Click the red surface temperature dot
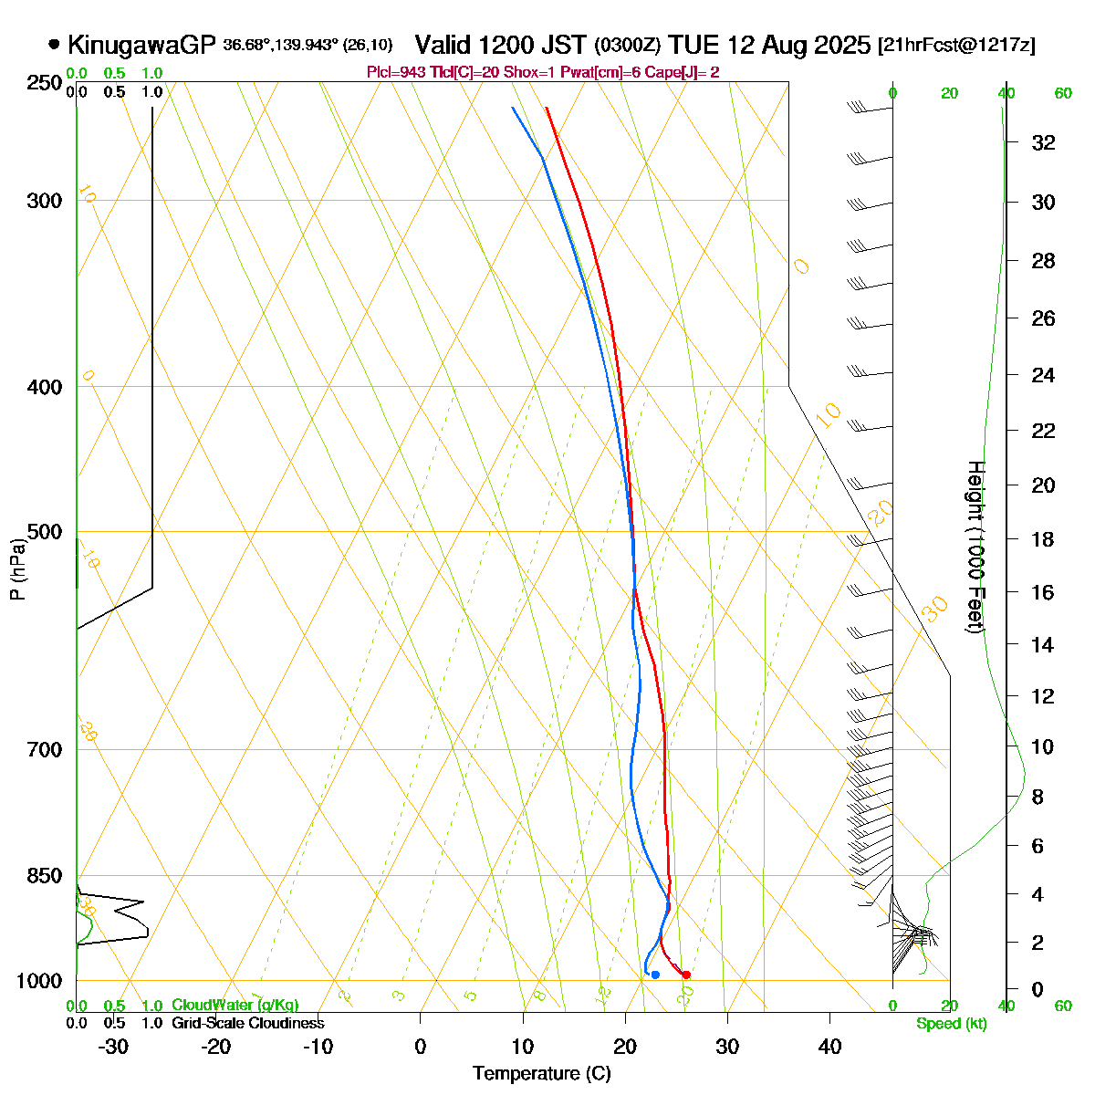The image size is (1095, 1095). (686, 975)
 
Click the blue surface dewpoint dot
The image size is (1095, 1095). (655, 975)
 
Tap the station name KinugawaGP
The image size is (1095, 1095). (141, 45)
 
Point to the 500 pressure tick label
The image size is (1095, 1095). (46, 532)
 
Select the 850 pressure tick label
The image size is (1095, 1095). (46, 876)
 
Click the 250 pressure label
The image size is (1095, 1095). (46, 83)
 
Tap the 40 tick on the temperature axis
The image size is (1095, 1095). (829, 1047)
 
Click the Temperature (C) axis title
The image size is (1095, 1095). (541, 1074)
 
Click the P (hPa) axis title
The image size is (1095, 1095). (17, 568)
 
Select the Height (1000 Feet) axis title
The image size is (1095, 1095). (975, 547)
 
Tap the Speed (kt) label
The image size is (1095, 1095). (952, 1024)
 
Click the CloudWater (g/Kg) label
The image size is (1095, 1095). (235, 1006)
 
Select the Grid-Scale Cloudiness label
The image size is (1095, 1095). (247, 1024)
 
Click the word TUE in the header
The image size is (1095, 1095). (689, 45)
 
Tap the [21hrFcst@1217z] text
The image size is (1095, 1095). (956, 45)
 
